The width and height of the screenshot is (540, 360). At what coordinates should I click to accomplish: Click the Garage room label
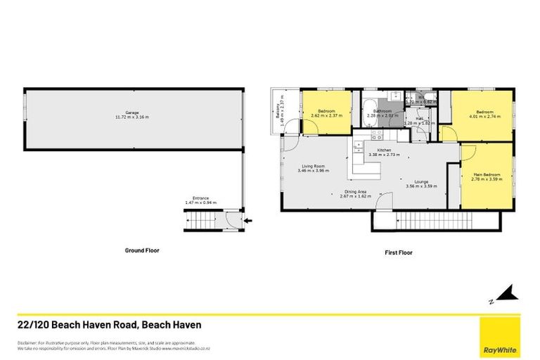tap(131, 113)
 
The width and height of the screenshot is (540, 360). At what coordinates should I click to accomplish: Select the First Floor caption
tap(398, 252)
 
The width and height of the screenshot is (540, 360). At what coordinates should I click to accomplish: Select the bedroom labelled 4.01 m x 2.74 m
tap(484, 114)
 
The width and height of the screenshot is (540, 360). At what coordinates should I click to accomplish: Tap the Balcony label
tap(278, 112)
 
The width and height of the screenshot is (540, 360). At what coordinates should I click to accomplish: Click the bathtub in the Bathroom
tap(369, 111)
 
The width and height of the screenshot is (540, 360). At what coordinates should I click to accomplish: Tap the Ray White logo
tap(499, 336)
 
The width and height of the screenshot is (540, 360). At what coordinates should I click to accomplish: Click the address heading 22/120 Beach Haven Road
tap(109, 325)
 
